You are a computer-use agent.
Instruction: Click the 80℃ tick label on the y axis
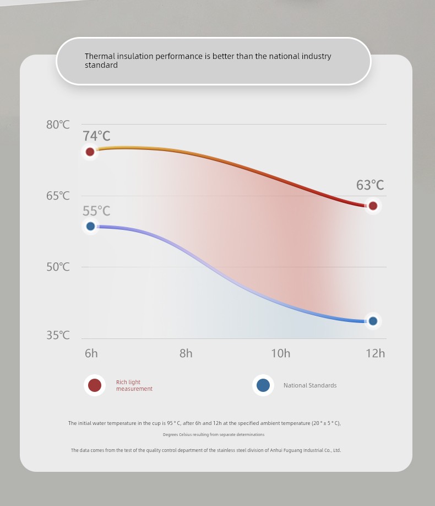coord(58,125)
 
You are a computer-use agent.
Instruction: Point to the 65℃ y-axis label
coord(58,196)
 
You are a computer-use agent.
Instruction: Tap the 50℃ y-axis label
coord(58,267)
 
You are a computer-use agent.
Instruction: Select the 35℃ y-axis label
coord(58,335)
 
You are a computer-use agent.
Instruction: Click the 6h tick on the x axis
coord(91,353)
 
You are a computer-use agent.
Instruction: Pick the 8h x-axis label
coord(186,353)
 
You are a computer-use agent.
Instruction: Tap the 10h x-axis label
coord(280,353)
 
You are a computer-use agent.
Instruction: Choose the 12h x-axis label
coord(375,353)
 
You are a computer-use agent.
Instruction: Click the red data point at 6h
coord(90,152)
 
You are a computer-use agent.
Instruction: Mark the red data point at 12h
coord(373,206)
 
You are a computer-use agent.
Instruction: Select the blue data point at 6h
coord(91,226)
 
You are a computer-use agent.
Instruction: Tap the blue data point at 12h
coord(373,321)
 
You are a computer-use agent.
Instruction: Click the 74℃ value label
coord(96,136)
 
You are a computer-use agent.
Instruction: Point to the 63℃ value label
coord(370,185)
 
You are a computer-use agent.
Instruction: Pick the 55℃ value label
coord(96,211)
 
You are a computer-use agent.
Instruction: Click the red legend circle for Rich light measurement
coord(95,385)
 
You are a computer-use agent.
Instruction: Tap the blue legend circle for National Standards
coord(263,385)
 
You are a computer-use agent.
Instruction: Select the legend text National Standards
coord(310,385)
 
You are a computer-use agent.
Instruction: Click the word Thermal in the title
coord(97,56)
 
